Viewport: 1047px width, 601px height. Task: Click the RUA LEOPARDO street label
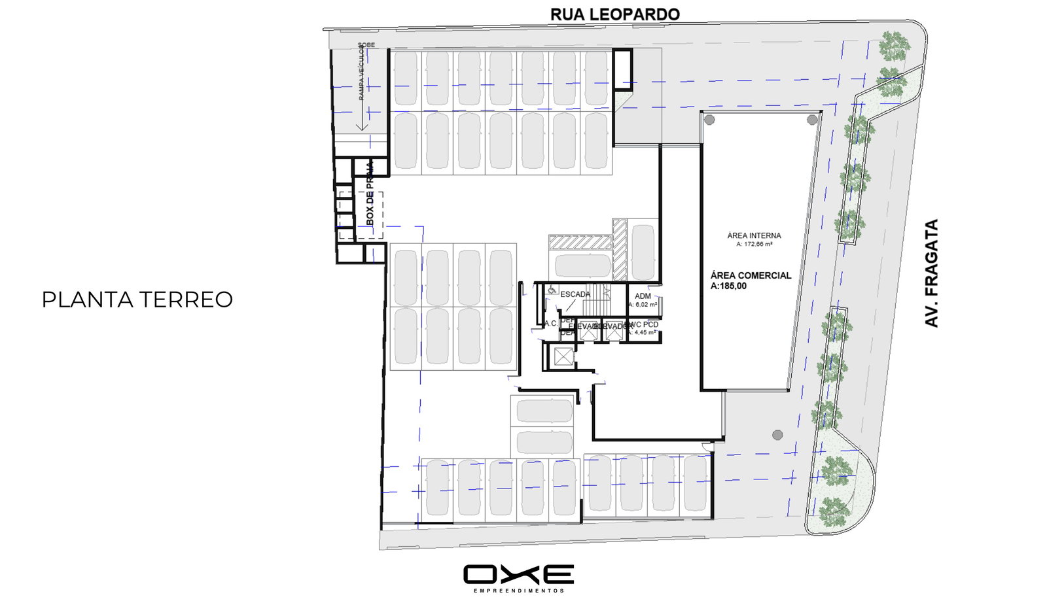[614, 14]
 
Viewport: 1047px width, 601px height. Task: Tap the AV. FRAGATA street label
[932, 273]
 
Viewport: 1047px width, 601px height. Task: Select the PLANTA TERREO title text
[137, 300]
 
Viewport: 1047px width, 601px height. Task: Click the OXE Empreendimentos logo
[518, 577]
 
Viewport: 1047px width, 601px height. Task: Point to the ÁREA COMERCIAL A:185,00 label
[751, 281]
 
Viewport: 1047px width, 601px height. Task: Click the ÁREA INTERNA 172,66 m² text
[754, 239]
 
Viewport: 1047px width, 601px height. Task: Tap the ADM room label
[643, 296]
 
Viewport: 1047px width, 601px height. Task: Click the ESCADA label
[575, 294]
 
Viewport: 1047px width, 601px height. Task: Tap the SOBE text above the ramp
[366, 45]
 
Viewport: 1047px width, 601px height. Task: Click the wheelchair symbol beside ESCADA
[551, 290]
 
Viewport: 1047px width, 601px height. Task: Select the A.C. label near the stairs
[550, 324]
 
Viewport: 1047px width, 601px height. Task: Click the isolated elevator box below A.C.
[563, 357]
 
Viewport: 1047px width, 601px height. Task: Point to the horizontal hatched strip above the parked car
[580, 243]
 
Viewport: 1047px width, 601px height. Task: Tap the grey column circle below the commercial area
[777, 435]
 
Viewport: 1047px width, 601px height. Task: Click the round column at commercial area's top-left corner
[709, 119]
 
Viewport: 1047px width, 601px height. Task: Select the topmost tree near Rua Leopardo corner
[893, 44]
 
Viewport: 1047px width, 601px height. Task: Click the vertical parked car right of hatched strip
[642, 252]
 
